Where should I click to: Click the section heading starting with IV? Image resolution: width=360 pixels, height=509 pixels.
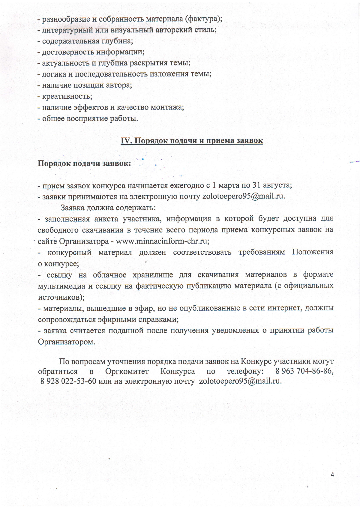click(x=191, y=141)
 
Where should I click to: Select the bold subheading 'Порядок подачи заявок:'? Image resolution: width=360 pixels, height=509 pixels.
click(x=84, y=164)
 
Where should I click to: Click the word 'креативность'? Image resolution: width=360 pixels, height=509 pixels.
click(x=67, y=96)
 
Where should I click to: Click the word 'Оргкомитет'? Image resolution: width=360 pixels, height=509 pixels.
click(x=127, y=371)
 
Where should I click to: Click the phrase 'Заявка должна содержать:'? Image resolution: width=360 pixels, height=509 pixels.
click(x=108, y=208)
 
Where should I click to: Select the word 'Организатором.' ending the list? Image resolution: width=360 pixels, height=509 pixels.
click(x=66, y=342)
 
